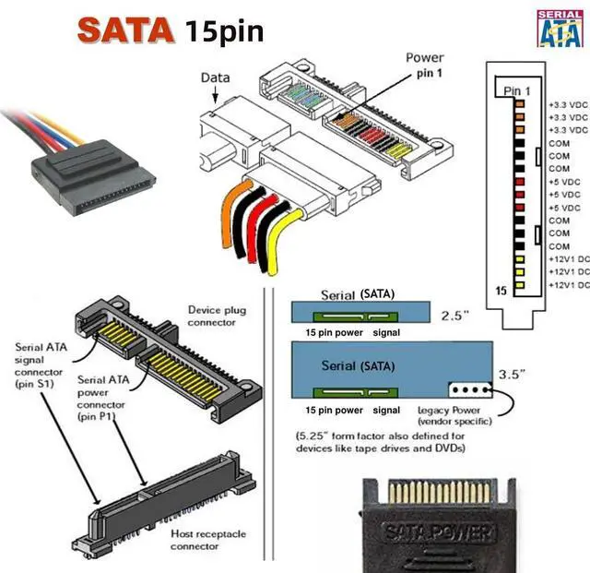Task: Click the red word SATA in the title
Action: [125, 30]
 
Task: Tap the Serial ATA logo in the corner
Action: [559, 29]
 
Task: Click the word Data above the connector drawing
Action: [215, 78]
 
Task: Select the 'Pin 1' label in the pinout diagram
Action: [518, 90]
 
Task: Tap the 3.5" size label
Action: [512, 376]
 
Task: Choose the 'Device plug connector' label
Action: [217, 316]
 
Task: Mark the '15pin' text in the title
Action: [223, 30]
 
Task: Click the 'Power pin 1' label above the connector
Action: [424, 65]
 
